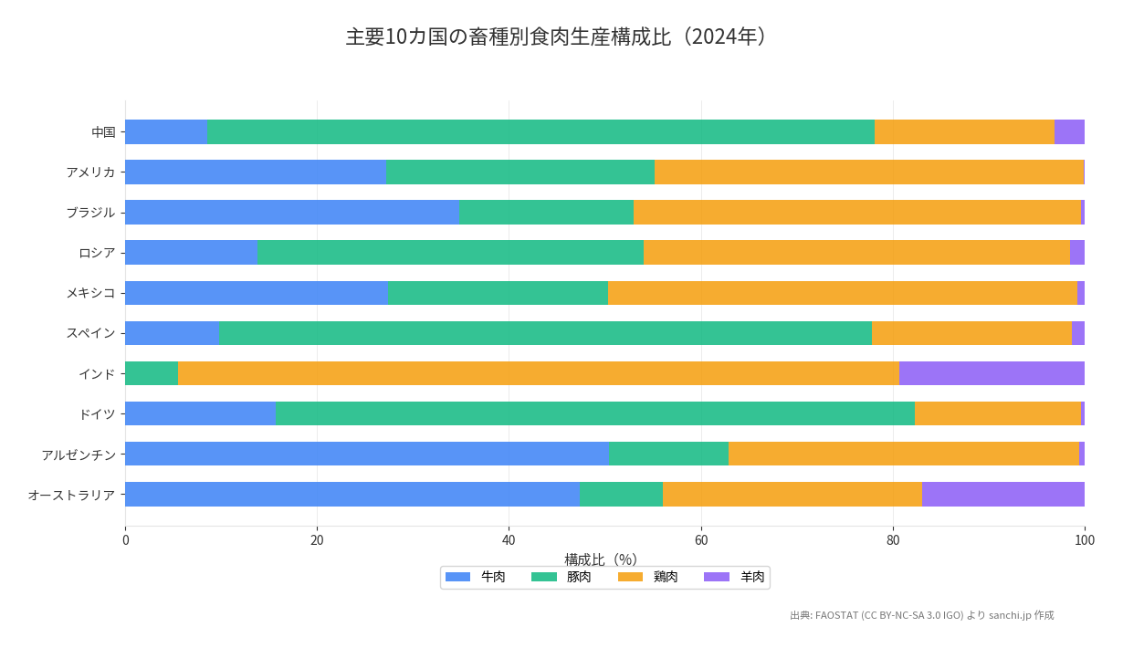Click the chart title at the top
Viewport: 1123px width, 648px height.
click(560, 37)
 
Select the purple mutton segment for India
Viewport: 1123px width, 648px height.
click(992, 373)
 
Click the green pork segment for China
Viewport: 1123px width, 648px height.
click(541, 131)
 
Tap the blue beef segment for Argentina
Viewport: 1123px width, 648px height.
click(367, 454)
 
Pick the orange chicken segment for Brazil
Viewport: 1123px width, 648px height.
click(856, 213)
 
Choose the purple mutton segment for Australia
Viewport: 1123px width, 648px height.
click(1002, 494)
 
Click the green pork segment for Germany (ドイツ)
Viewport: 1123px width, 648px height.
click(594, 413)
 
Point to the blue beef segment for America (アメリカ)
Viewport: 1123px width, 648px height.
click(256, 172)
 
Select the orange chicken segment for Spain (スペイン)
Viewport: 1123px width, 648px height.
click(971, 333)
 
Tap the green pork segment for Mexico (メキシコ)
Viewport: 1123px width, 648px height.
click(498, 293)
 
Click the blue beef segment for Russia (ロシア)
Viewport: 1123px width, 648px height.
click(191, 253)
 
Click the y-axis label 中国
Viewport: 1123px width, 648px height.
click(103, 132)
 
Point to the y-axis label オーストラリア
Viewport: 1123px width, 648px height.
click(71, 495)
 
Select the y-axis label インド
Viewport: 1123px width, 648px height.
click(97, 373)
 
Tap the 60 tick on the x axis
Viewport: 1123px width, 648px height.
click(701, 540)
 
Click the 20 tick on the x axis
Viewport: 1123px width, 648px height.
click(317, 540)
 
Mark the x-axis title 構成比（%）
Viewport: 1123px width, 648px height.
click(601, 559)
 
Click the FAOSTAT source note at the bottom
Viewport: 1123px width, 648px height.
click(921, 615)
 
